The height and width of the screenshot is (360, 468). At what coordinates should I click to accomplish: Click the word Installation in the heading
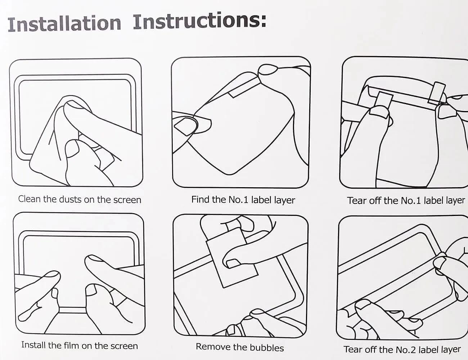(64, 24)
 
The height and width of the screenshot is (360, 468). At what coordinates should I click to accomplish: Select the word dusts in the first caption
(71, 199)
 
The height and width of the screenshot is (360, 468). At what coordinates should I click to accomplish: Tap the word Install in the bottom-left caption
(33, 345)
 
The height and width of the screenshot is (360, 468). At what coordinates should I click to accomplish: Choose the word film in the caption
(72, 345)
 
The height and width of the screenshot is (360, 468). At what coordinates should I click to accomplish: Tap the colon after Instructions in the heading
(264, 21)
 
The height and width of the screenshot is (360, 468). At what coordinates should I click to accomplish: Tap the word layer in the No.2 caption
(451, 350)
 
